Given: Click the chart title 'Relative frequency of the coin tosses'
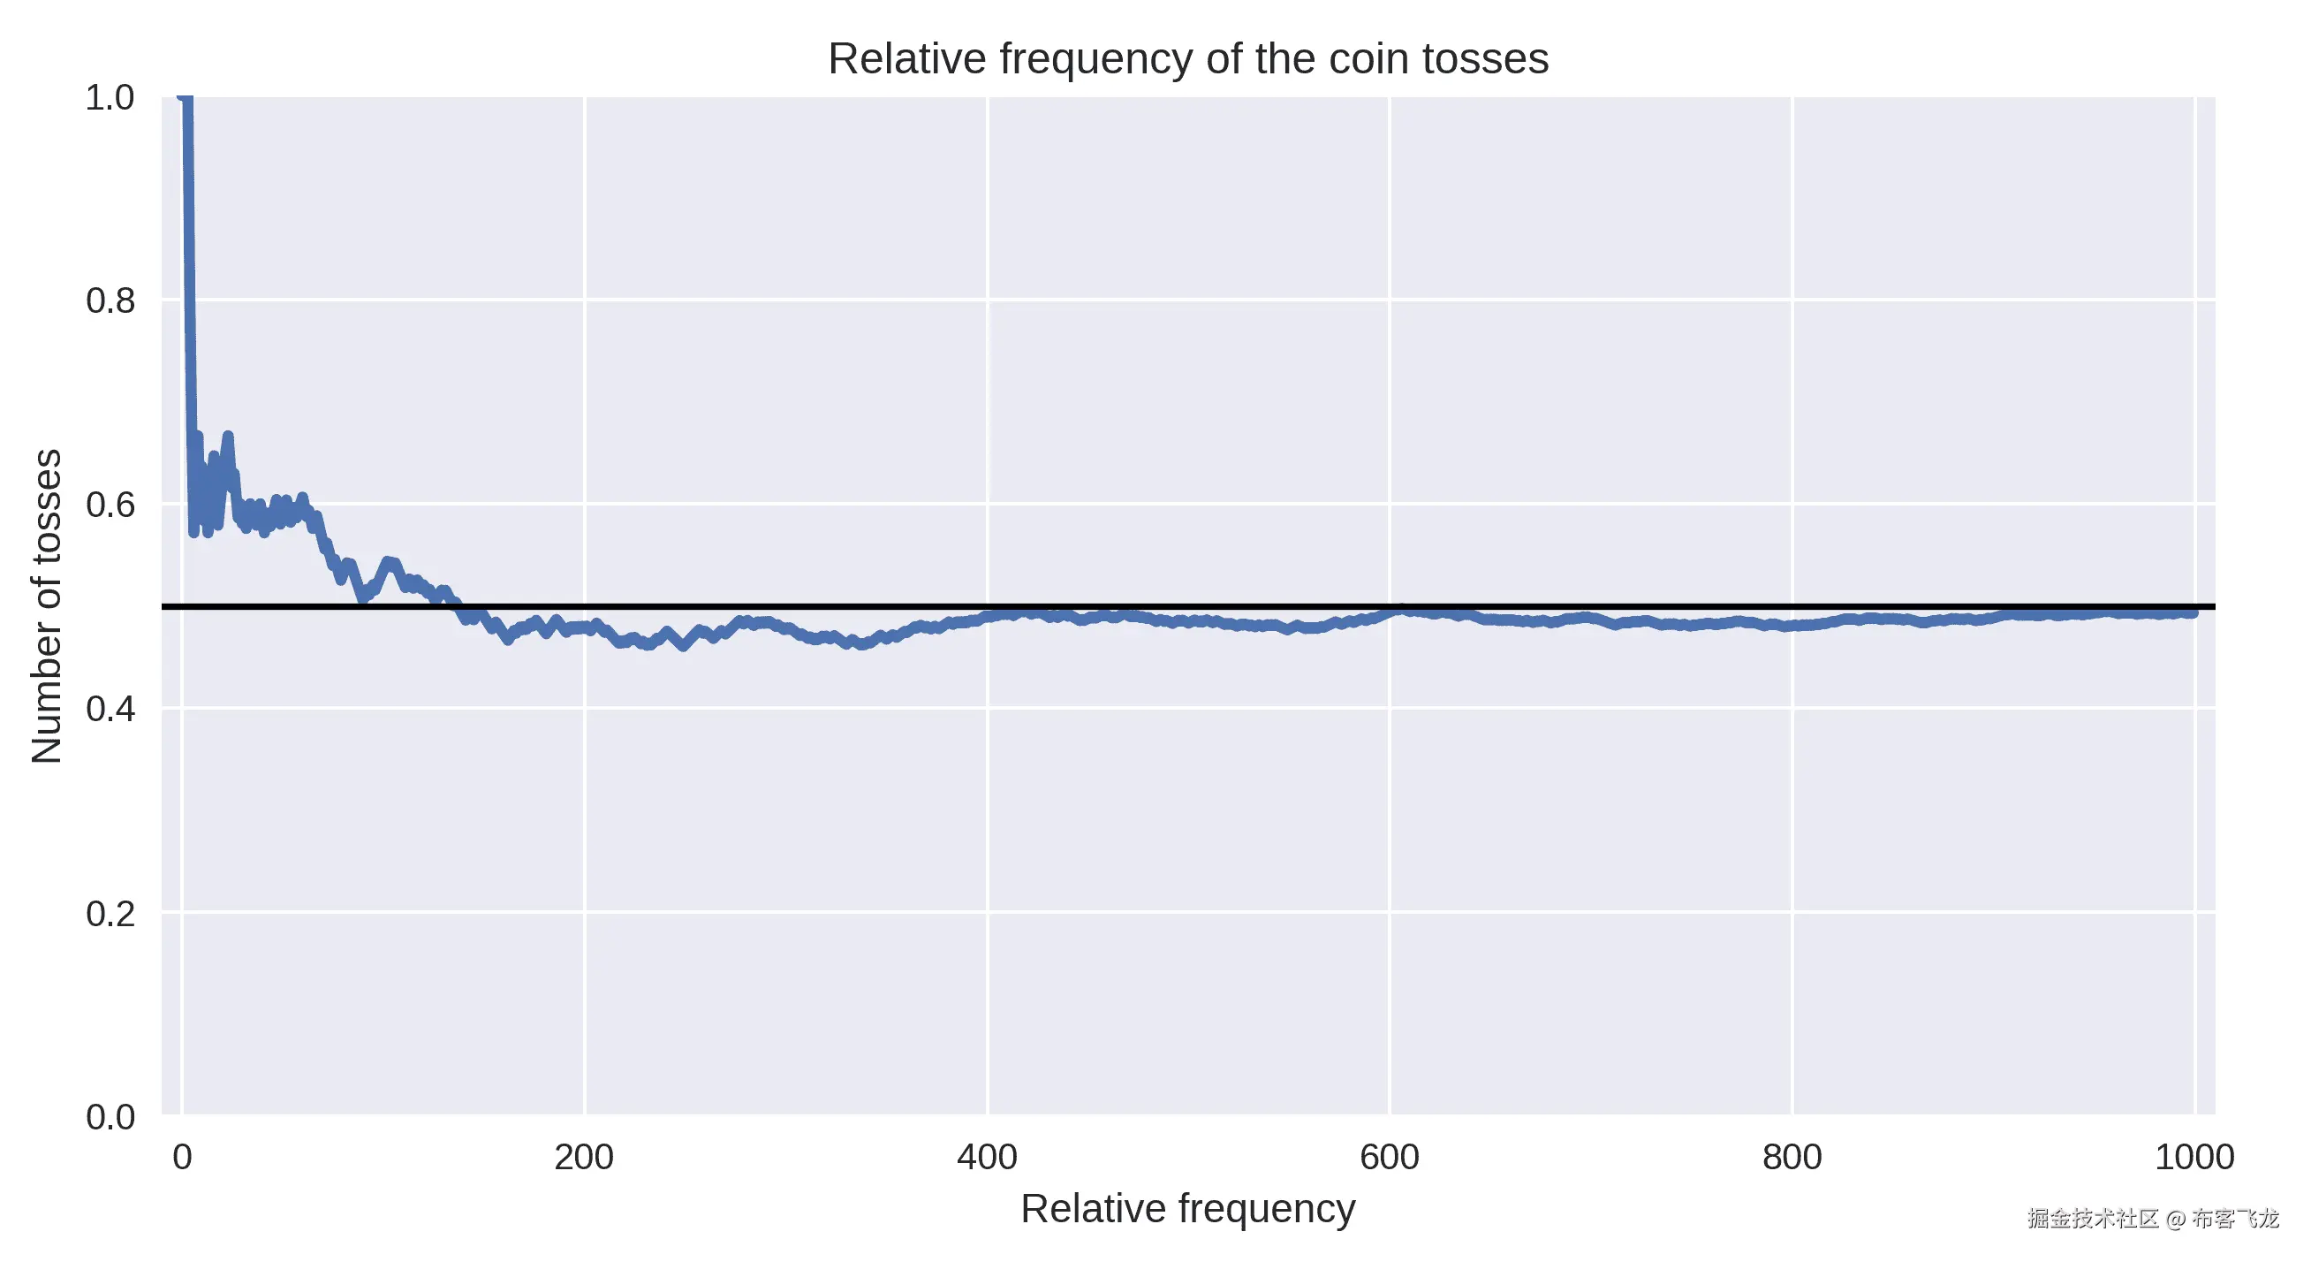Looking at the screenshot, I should point(1187,59).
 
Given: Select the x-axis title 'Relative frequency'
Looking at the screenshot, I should point(1187,1208).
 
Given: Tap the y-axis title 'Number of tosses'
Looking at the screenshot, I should point(47,606).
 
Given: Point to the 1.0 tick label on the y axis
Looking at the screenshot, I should point(110,98).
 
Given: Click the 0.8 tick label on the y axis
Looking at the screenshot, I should point(110,300).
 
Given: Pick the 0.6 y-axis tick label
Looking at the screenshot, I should point(110,505).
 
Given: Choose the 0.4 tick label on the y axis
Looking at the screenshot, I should point(110,709).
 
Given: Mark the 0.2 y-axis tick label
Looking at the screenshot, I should point(110,914).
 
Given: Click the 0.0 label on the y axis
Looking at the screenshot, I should point(110,1117).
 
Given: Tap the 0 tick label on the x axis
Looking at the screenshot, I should point(182,1157).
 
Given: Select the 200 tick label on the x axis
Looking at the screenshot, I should point(583,1157).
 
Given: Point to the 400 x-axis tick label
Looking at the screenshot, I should point(986,1157).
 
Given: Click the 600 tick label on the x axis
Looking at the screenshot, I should point(1389,1157).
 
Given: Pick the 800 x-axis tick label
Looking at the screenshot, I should point(1792,1157).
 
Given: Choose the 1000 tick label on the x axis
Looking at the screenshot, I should point(2194,1157).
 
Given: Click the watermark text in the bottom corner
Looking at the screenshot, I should point(2152,1218).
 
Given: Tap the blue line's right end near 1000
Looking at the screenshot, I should point(2192,612).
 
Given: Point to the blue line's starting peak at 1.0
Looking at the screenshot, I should point(185,99).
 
